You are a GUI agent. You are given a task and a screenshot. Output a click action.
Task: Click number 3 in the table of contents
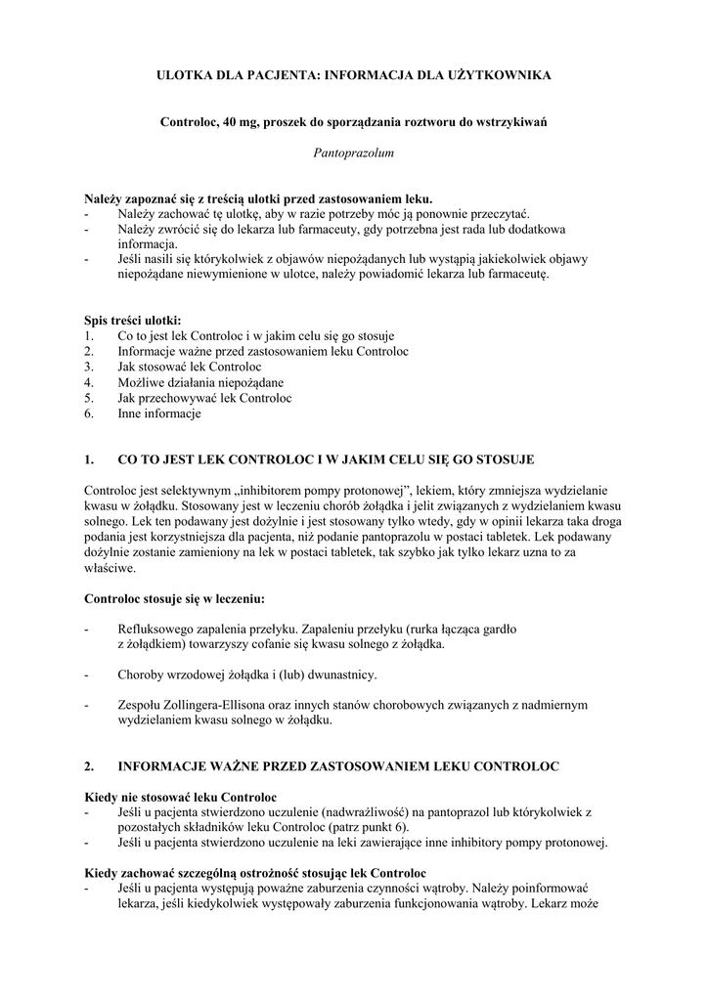89,367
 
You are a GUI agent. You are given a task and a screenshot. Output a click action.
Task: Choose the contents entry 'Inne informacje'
158,413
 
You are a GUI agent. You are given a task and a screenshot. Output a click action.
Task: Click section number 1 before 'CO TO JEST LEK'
90,458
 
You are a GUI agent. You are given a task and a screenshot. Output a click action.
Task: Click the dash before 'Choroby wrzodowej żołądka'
88,675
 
